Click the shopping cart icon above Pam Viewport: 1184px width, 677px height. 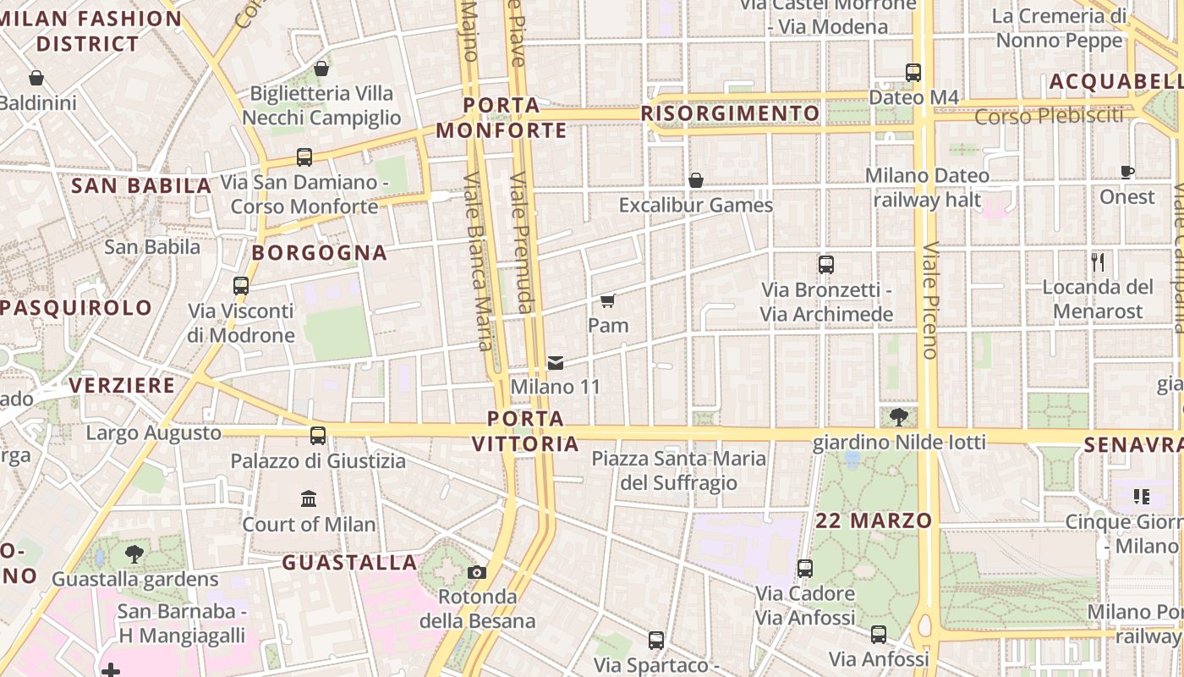pos(607,300)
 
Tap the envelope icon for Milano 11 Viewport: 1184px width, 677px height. pos(556,362)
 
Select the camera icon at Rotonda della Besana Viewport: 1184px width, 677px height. pos(477,572)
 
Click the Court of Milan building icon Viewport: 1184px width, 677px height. pos(309,498)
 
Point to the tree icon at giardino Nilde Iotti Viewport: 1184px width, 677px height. pos(899,416)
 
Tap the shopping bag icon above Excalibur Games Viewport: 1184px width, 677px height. pos(696,180)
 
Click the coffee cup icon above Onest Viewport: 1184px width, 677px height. pos(1126,172)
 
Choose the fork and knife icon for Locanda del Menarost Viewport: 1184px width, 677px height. pos(1098,261)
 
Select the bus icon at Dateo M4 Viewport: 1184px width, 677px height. pos(913,73)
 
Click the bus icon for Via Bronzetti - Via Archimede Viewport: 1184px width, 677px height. pos(826,265)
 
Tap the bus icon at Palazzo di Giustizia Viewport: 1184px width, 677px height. pos(318,436)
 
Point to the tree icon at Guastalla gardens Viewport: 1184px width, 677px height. pos(134,554)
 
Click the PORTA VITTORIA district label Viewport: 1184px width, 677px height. pos(525,431)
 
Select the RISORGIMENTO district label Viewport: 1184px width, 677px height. pos(730,113)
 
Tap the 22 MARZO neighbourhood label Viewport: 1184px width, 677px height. pos(874,520)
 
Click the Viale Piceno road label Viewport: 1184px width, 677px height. pos(931,300)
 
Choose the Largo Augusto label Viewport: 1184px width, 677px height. pos(154,433)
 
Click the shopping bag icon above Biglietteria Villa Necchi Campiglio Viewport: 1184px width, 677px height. pos(321,69)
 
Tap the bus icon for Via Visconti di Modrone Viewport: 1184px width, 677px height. pos(241,286)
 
